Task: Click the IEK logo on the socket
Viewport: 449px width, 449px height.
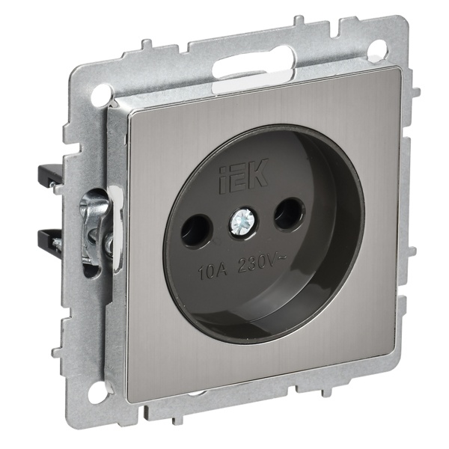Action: [244, 177]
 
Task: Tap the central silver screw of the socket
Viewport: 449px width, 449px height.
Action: [238, 220]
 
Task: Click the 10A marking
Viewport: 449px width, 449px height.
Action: [213, 269]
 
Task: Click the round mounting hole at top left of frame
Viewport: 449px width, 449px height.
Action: [100, 91]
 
